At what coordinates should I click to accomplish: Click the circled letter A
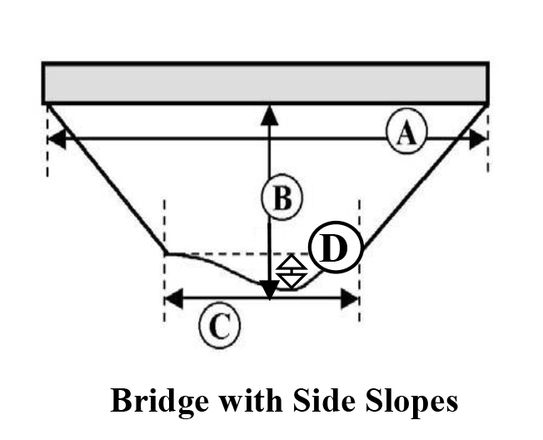[x=406, y=132]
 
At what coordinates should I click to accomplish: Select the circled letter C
[x=219, y=326]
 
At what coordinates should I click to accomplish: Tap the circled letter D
[x=334, y=248]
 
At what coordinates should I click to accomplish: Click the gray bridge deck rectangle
[x=266, y=82]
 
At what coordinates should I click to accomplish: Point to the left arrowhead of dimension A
[x=56, y=138]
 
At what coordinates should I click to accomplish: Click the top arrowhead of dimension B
[x=269, y=114]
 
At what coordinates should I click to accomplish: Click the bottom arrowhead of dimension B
[x=269, y=290]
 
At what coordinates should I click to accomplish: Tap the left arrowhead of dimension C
[x=173, y=298]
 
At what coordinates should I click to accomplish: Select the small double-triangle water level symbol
[x=291, y=272]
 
